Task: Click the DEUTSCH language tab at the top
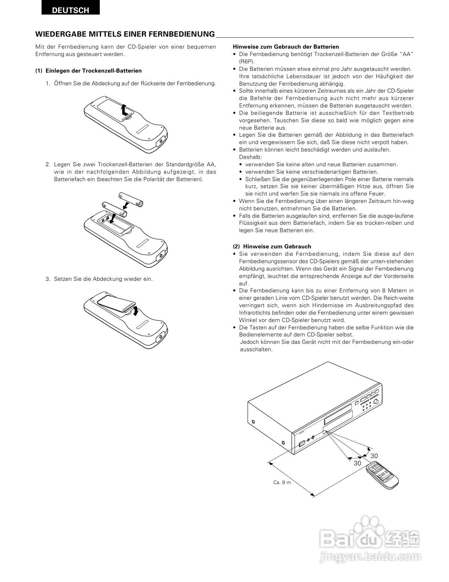click(x=70, y=10)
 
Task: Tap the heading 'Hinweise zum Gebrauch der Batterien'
click(x=286, y=47)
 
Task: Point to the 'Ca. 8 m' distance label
click(x=282, y=482)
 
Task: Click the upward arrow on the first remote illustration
click(x=123, y=110)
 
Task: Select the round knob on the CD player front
click(x=378, y=402)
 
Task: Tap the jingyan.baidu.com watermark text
click(x=370, y=558)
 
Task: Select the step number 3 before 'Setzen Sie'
click(x=47, y=279)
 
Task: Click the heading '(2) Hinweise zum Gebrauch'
click(x=272, y=247)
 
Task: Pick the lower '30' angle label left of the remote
click(x=357, y=463)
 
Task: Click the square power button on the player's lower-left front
click(x=301, y=444)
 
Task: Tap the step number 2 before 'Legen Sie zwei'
click(x=47, y=165)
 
